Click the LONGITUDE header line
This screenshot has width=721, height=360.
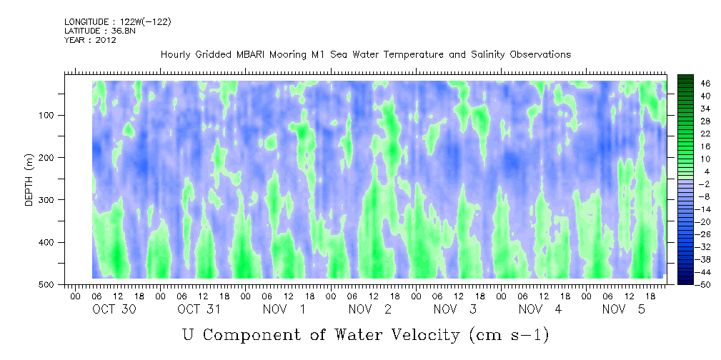tap(118, 21)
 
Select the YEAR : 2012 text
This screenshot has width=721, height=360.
tap(90, 40)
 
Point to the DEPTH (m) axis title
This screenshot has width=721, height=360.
tap(29, 183)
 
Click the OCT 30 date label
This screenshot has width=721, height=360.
tap(114, 309)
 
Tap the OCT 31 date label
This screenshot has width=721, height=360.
tap(199, 309)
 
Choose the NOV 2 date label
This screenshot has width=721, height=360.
tap(370, 309)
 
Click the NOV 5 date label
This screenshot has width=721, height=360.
tap(624, 309)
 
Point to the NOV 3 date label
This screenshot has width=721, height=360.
tap(455, 309)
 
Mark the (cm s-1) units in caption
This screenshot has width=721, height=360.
tap(509, 335)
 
